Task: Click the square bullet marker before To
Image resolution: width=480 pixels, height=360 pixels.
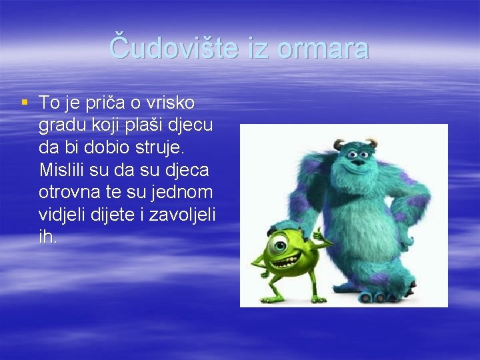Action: [25, 103]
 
